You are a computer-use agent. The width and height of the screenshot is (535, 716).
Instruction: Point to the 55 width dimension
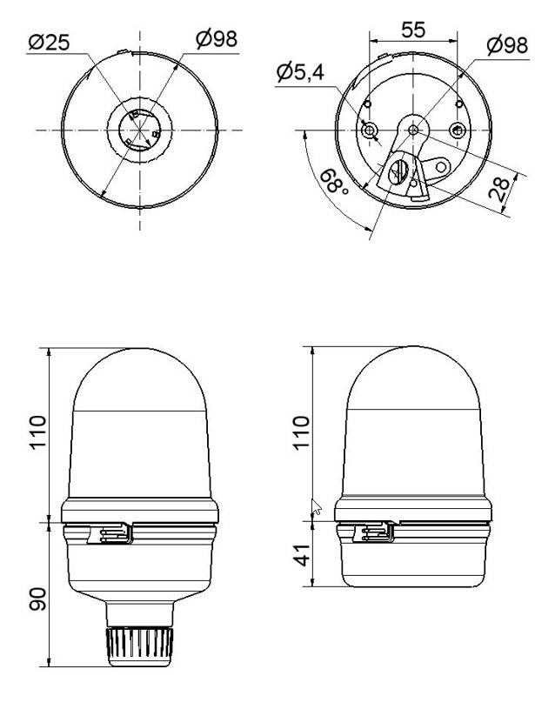(414, 29)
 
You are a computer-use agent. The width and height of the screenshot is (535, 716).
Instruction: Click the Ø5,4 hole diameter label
(300, 72)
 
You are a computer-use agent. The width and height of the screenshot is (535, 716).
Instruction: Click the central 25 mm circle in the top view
(139, 130)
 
